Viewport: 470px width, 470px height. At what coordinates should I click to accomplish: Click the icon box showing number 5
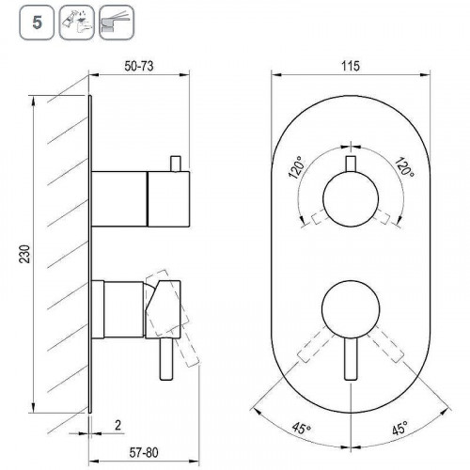click(x=37, y=23)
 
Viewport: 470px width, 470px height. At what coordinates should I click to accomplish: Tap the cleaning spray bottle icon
click(x=77, y=23)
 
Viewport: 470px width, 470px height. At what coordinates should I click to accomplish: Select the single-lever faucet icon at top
click(x=117, y=23)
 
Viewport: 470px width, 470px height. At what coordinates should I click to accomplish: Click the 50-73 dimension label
click(x=139, y=67)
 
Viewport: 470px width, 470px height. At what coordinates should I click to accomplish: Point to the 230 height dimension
click(x=25, y=254)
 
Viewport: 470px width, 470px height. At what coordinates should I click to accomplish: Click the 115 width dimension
click(x=351, y=67)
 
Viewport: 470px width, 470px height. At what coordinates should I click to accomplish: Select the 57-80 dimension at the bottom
click(x=144, y=452)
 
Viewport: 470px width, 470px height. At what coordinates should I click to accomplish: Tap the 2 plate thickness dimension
click(x=117, y=425)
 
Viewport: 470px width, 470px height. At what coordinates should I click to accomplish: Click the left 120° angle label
click(x=296, y=167)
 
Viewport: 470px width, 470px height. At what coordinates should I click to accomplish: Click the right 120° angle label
click(x=404, y=166)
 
